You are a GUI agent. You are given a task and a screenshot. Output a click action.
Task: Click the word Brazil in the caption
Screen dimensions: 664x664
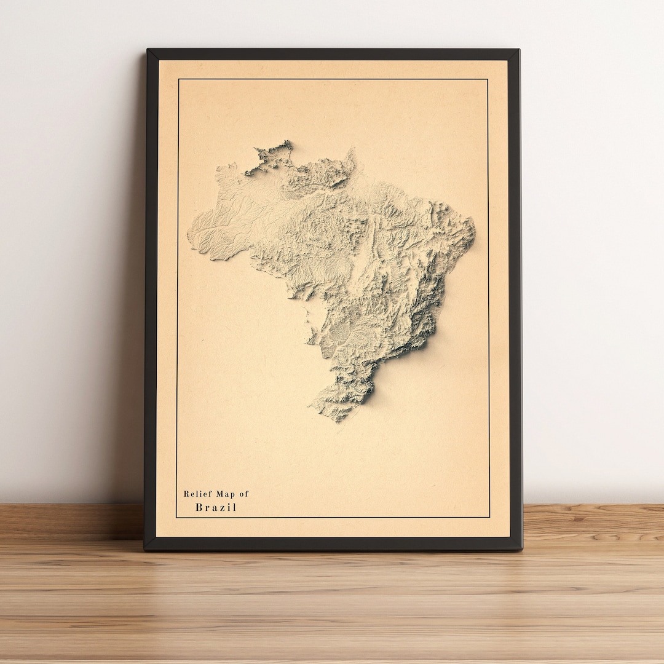[x=216, y=507]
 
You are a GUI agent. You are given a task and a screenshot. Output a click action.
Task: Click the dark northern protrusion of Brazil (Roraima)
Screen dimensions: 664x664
[x=271, y=157]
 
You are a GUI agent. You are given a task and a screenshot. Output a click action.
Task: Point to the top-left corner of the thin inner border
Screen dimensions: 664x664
[x=178, y=79]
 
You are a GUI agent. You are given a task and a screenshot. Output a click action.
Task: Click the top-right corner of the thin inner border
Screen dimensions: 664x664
[x=488, y=79]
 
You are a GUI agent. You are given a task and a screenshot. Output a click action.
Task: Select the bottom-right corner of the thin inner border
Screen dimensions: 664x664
[x=490, y=517]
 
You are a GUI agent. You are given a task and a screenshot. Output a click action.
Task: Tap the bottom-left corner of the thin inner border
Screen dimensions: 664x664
[x=176, y=517]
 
